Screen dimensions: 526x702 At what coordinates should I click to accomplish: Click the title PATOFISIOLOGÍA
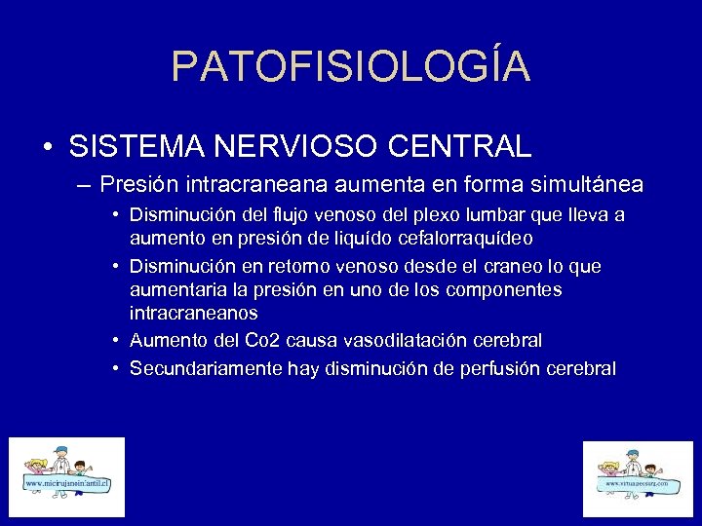(x=351, y=66)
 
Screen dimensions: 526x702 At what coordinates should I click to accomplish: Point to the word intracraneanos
(x=194, y=314)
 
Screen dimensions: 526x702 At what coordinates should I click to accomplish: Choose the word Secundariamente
(x=207, y=368)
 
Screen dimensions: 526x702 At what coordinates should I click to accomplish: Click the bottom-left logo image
(x=67, y=477)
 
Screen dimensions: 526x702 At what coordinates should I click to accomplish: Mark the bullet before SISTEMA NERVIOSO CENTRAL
(x=48, y=148)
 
